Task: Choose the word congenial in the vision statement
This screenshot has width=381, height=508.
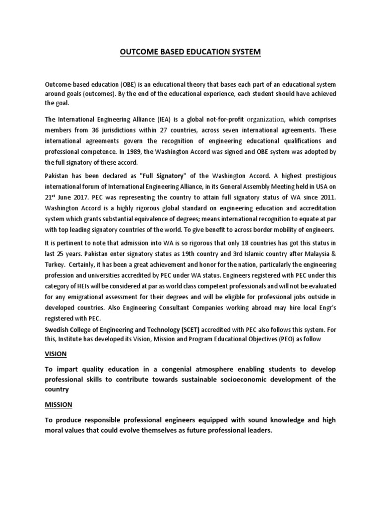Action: click(173, 369)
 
